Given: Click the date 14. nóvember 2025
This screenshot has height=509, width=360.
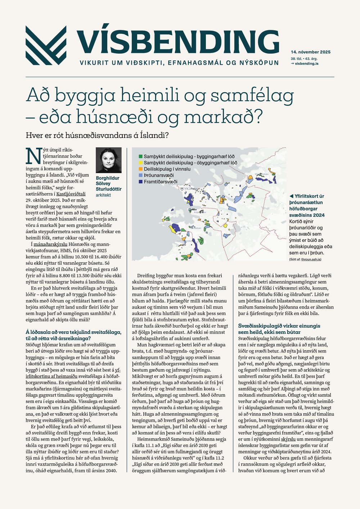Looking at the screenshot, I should click(x=311, y=52).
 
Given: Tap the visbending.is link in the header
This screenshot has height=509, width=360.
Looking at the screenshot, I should click(x=306, y=63).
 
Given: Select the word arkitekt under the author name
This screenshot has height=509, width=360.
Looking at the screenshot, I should click(x=103, y=195).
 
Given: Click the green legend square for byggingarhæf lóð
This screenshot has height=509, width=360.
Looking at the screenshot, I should click(x=140, y=157).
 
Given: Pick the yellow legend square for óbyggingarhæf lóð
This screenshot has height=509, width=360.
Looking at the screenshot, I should click(x=140, y=163).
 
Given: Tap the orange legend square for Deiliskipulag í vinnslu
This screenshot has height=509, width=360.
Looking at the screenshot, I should click(x=140, y=169).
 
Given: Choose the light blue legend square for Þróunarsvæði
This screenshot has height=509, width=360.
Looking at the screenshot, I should click(x=140, y=175).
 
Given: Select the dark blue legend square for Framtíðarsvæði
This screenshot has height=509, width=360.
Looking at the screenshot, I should click(x=140, y=182).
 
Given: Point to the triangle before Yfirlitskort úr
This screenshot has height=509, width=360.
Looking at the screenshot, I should click(x=291, y=196).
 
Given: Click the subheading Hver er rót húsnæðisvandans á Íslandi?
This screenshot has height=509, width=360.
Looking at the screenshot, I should click(x=97, y=136).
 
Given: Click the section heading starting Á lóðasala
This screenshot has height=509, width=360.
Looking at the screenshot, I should click(x=73, y=332).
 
